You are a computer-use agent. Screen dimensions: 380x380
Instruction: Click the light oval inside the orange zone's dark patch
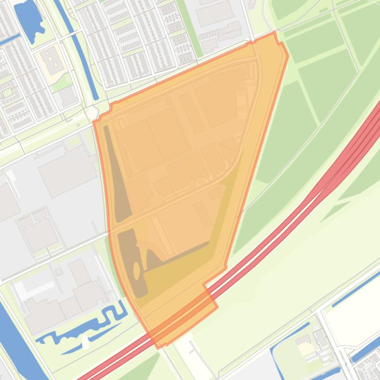coord(137,270)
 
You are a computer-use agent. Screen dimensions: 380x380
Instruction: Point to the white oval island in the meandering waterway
coord(85,341)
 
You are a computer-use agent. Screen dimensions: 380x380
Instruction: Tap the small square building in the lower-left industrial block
coord(59,272)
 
